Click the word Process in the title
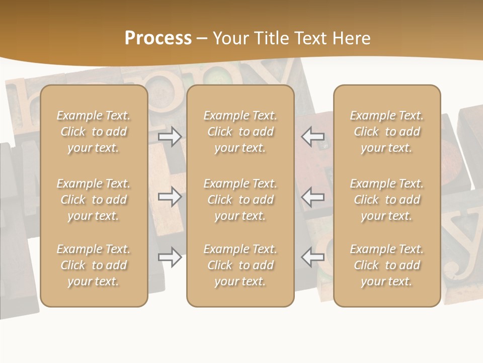[x=158, y=38]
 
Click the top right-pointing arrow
[x=170, y=137]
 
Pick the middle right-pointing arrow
[x=170, y=197]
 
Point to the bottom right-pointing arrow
[x=170, y=257]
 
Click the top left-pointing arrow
[x=312, y=137]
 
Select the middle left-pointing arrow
[x=312, y=197]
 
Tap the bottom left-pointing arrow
[x=312, y=257]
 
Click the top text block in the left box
[x=94, y=132]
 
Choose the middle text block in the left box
[x=94, y=200]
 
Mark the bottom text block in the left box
[x=94, y=265]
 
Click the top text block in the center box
[x=240, y=132]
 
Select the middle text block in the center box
[x=240, y=200]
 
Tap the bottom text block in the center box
[x=240, y=265]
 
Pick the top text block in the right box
[x=387, y=132]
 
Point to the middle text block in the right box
[x=387, y=200]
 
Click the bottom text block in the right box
[x=387, y=265]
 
